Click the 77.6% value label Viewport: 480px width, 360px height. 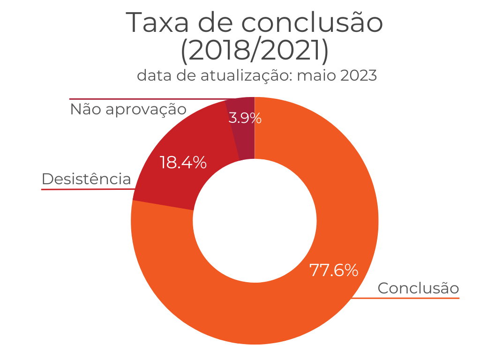pos(334,270)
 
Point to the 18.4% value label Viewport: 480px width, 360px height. pos(183,163)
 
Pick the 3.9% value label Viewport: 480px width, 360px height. pos(245,118)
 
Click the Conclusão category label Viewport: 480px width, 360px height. pos(418,288)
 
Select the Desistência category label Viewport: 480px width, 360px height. pos(86,179)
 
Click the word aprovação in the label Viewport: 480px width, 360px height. pos(146,110)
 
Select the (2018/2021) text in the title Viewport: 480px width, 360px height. pos(255,51)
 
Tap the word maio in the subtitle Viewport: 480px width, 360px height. pos(321,75)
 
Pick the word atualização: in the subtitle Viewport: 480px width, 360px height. pos(251,76)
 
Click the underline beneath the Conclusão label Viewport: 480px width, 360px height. pos(408,298)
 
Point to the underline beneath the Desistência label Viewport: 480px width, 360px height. pos(87,189)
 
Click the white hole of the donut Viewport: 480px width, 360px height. pos(255,221)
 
